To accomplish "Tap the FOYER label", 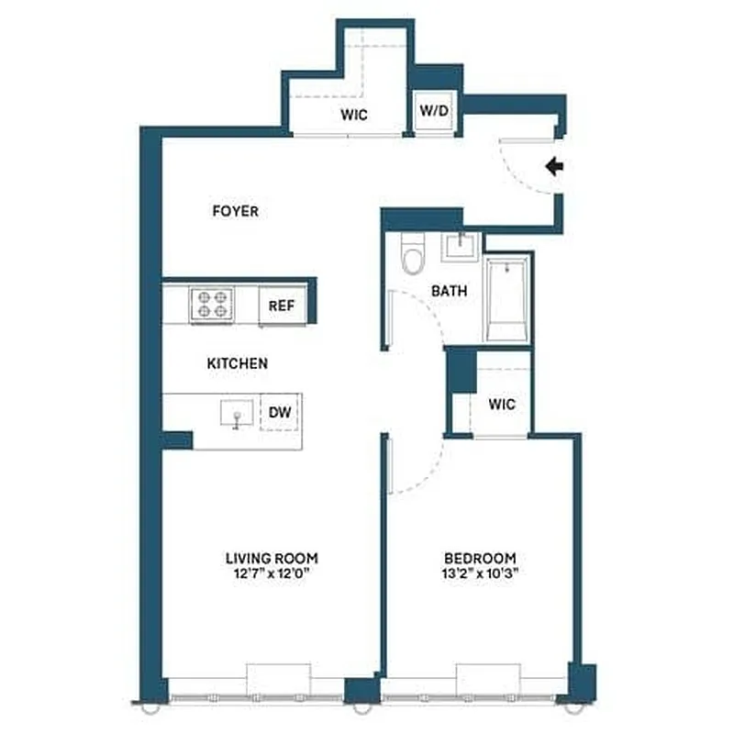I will [235, 211].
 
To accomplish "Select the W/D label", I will [434, 111].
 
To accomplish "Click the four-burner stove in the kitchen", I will [211, 304].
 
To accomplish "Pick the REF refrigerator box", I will [282, 306].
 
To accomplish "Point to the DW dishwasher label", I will [280, 413].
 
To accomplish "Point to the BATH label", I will [450, 291].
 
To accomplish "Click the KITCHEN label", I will [237, 363].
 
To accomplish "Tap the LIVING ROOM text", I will [272, 557].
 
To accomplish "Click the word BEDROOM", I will [480, 557].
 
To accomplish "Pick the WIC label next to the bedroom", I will [501, 404].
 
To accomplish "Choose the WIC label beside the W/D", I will [354, 116].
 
